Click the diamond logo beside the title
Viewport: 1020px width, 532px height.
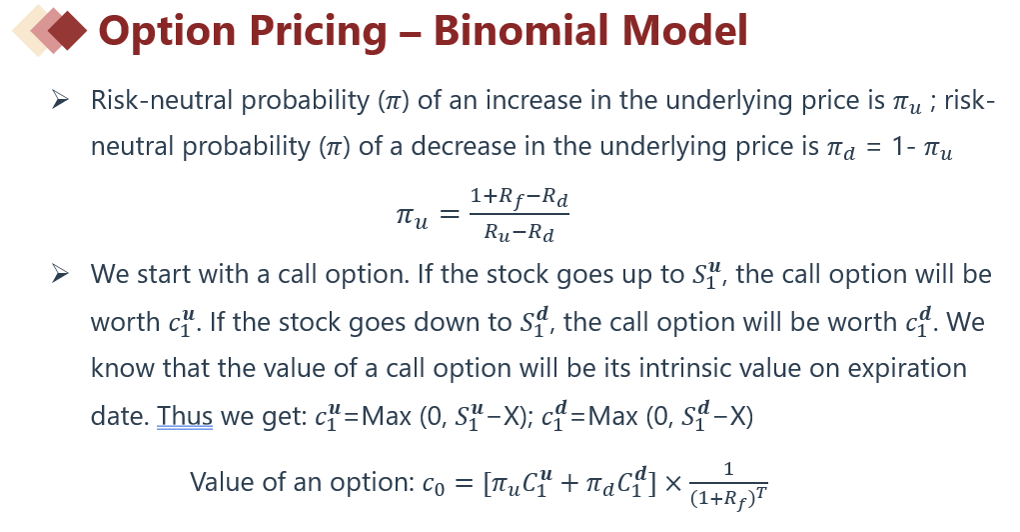(49, 30)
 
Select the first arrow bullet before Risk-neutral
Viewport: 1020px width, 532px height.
(61, 100)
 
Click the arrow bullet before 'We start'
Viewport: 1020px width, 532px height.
(61, 273)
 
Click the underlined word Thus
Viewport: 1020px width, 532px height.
(185, 415)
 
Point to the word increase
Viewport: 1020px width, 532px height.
(534, 100)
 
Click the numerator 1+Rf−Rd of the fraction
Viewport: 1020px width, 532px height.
(519, 197)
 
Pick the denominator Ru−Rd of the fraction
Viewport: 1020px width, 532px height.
(519, 232)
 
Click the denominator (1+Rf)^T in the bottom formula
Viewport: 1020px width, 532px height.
(728, 498)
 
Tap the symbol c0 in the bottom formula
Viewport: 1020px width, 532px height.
(434, 484)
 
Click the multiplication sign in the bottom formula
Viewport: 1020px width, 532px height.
(673, 483)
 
